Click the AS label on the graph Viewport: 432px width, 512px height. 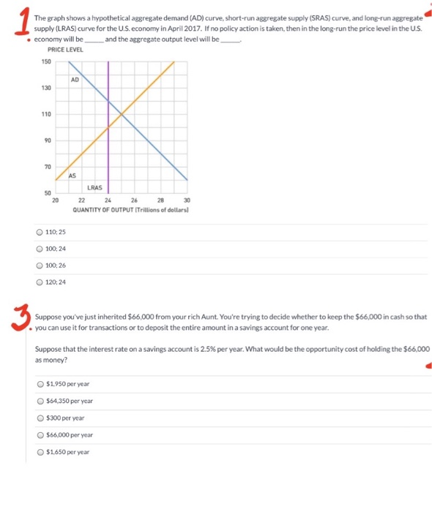click(72, 175)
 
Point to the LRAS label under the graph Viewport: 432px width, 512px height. click(94, 187)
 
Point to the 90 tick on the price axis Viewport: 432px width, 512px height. click(48, 140)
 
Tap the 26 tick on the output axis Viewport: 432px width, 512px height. click(134, 201)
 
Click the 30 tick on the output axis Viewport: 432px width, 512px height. click(187, 201)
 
